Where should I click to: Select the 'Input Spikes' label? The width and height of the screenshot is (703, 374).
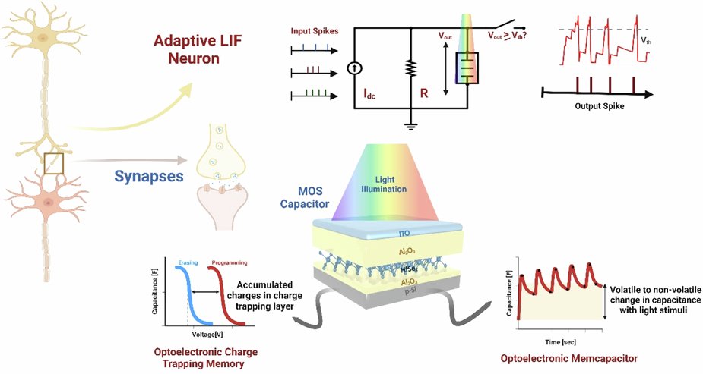point(314,33)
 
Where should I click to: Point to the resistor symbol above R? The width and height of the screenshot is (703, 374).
point(410,70)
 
